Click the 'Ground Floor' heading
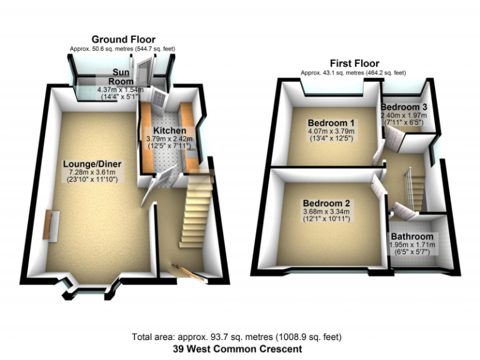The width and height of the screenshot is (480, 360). (x=123, y=39)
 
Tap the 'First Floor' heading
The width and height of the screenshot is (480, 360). (x=354, y=64)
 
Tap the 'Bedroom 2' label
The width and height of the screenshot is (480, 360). (x=326, y=204)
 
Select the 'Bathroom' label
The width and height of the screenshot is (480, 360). (x=412, y=237)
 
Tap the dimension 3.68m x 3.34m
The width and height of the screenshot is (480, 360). (x=326, y=212)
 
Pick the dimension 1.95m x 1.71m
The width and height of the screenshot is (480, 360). (x=412, y=246)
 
